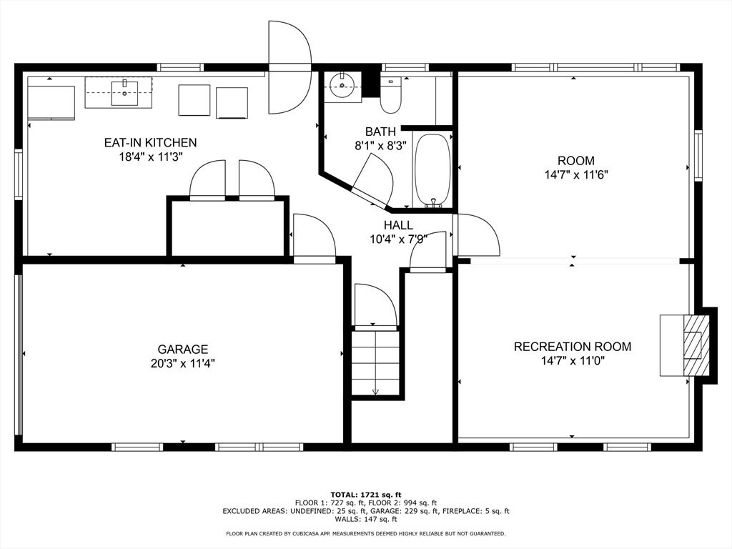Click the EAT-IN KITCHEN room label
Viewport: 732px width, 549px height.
150,142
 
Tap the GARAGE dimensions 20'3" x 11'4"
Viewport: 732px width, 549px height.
182,363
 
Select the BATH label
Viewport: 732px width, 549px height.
380,132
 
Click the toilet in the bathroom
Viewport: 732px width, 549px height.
390,95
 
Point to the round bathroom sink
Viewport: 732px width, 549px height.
342,85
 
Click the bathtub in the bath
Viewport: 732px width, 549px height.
432,170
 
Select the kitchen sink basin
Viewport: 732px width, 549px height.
124,93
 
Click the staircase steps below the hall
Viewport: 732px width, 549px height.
375,362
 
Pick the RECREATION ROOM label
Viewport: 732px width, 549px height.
573,347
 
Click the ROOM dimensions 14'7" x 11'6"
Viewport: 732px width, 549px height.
576,175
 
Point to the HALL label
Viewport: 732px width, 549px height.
398,225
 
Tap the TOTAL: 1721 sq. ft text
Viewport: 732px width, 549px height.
366,495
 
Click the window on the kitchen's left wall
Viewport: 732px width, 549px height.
19,174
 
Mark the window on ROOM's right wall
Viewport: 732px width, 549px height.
698,155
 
